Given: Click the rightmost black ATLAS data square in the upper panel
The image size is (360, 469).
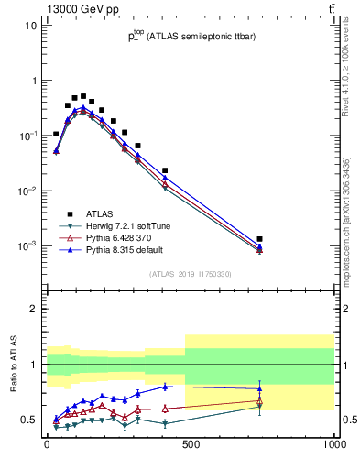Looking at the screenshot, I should [260, 239].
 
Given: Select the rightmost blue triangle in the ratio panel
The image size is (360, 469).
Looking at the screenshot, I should [260, 388].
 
